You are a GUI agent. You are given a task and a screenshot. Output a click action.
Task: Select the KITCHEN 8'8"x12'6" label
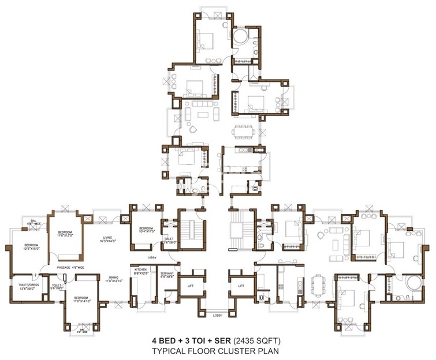(x=142, y=271)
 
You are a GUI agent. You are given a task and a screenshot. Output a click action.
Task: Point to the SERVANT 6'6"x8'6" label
(x=167, y=275)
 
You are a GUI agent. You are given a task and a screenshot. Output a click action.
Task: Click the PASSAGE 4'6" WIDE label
(x=71, y=268)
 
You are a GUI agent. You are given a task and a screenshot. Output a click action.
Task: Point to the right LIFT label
(x=241, y=286)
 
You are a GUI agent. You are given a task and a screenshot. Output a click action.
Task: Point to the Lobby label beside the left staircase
(x=152, y=257)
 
